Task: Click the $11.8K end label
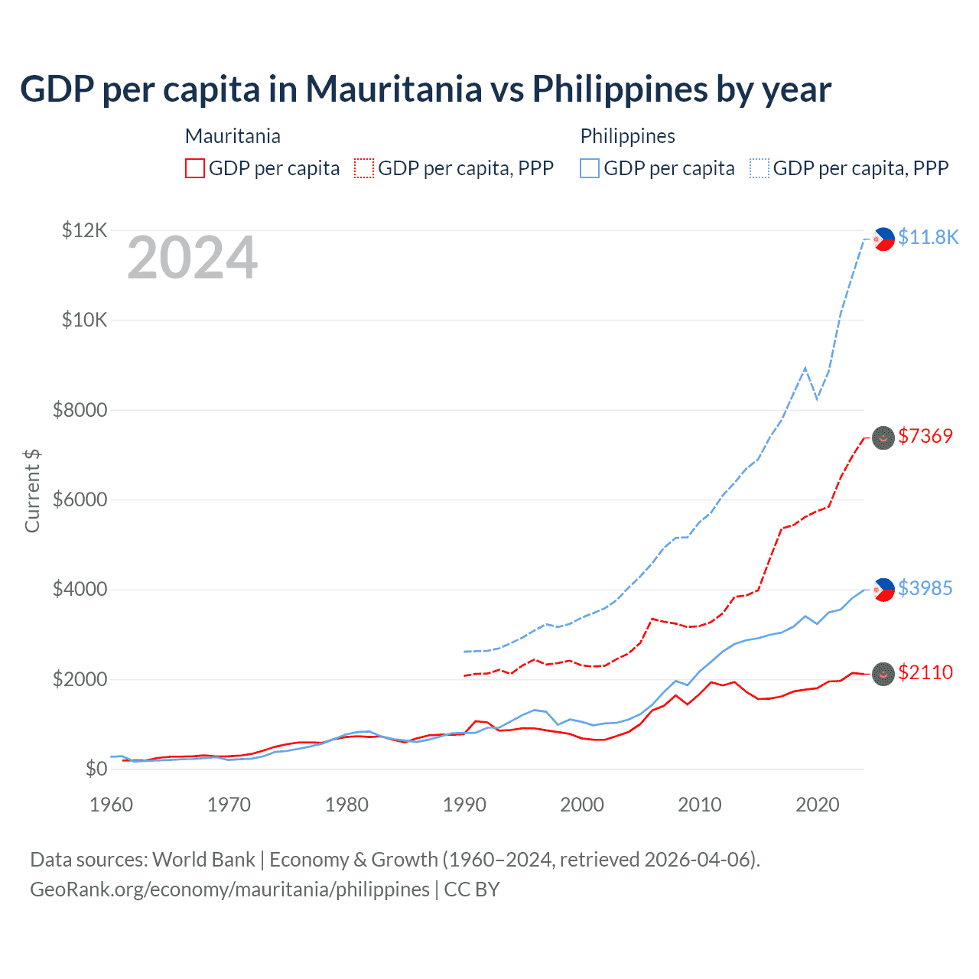coord(928,237)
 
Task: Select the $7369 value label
coord(925,436)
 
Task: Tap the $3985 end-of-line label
coord(925,588)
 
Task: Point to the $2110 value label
coord(925,672)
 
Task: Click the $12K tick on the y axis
coord(85,230)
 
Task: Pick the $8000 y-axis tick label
coord(80,410)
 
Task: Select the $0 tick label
coord(96,769)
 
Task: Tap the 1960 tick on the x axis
coord(111,805)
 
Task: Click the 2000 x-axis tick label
coord(582,805)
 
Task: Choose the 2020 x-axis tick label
coord(818,805)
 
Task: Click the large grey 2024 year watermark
coord(192,259)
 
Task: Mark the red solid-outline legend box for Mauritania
coord(195,168)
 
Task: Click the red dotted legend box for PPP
coord(365,168)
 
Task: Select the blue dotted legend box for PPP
coord(759,168)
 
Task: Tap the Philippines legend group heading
coord(627,136)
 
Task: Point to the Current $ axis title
coord(32,490)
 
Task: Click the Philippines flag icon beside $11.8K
coord(883,239)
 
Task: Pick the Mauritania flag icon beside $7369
coord(883,437)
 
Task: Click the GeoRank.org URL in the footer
coord(229,890)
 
